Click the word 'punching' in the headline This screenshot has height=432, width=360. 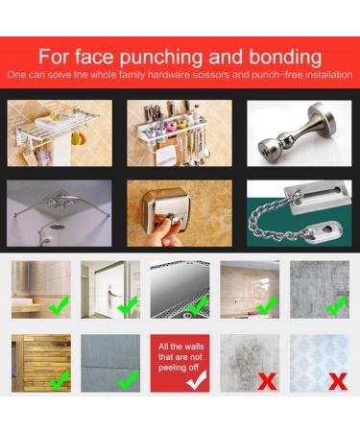[161, 58]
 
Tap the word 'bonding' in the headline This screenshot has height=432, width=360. [285, 57]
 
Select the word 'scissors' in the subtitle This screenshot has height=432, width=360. [212, 75]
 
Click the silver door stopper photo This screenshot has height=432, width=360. [300, 132]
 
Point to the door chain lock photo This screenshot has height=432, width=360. [300, 213]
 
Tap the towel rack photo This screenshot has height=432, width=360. [60, 132]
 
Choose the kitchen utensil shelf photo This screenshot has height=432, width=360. [180, 132]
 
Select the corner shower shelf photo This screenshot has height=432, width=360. [60, 213]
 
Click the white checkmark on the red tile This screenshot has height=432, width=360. [197, 380]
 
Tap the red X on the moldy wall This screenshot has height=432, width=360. [267, 381]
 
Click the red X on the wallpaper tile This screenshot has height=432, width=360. [338, 381]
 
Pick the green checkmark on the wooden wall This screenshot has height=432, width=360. [60, 380]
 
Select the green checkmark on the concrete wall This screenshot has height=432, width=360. [337, 305]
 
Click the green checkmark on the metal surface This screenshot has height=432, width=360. [198, 305]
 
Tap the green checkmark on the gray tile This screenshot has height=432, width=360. [128, 380]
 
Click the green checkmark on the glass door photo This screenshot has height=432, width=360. [128, 305]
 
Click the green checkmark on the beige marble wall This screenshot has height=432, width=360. [267, 305]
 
